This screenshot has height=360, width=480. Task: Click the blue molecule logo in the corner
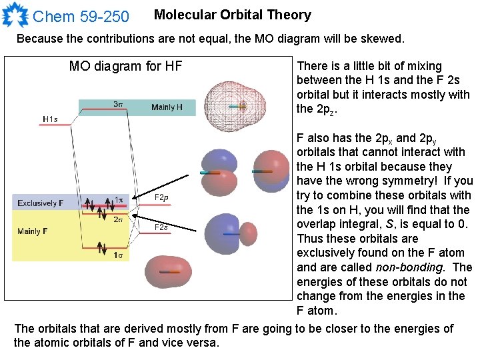click(15, 14)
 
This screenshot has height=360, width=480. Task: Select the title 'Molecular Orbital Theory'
click(232, 15)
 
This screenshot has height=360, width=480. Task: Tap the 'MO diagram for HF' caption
click(125, 66)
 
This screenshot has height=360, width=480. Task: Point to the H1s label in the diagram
click(50, 119)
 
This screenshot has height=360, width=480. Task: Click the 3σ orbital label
click(117, 104)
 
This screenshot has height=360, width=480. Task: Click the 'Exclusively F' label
click(41, 203)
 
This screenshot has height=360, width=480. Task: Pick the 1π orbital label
click(119, 200)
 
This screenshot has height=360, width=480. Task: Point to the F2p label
click(161, 197)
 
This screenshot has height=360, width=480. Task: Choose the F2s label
click(161, 227)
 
